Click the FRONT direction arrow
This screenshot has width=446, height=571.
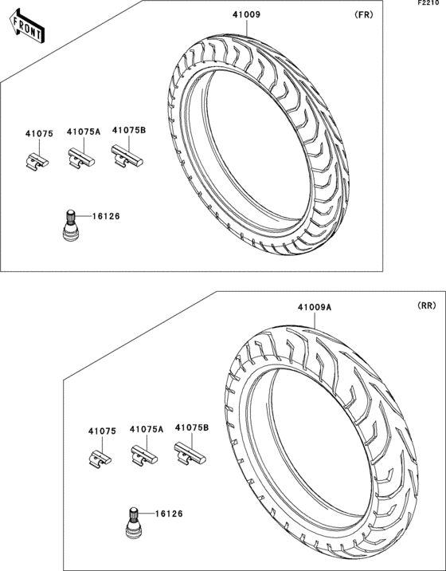28,26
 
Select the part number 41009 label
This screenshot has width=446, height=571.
247,14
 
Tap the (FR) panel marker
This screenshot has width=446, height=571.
363,14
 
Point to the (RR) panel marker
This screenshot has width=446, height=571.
426,306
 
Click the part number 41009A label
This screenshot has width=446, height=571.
315,307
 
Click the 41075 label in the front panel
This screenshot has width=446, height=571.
39,134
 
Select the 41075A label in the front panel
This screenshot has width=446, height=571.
84,132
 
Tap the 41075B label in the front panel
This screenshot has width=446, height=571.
129,130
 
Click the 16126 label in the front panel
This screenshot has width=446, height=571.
106,216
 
